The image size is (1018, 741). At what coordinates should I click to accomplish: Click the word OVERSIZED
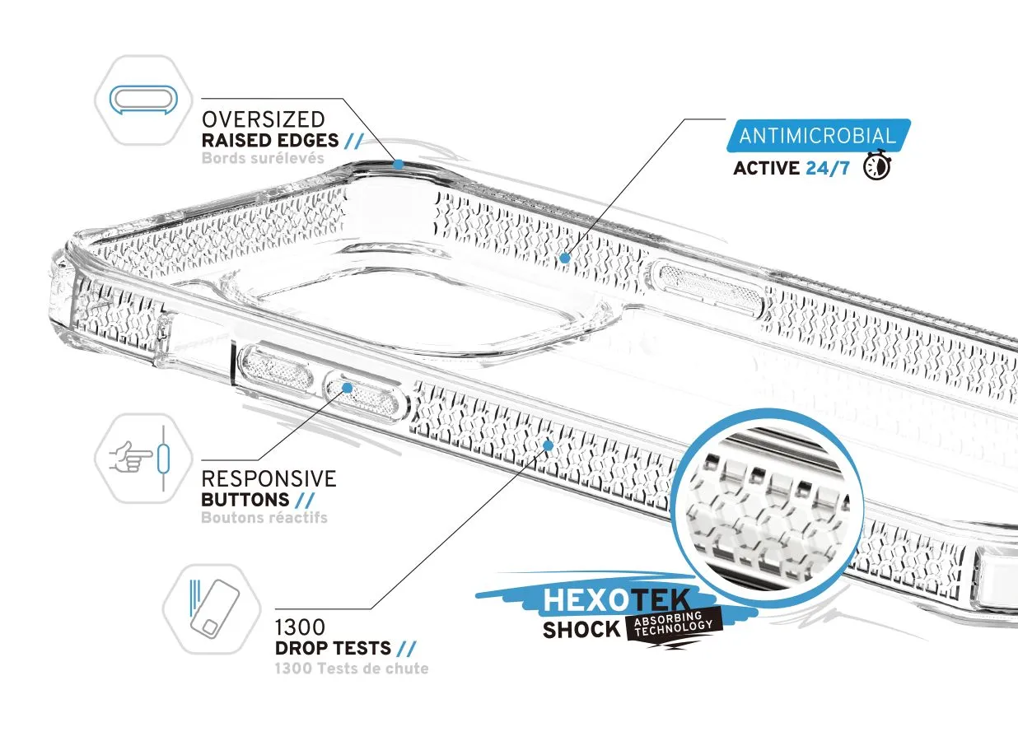(x=263, y=119)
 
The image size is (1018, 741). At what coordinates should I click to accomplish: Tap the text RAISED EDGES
(x=270, y=141)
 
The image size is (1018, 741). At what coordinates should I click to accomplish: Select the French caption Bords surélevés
(x=263, y=158)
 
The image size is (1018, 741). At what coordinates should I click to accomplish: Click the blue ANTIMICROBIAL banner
(x=818, y=135)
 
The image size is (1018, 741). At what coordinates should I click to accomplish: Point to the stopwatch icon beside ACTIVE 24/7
(x=877, y=165)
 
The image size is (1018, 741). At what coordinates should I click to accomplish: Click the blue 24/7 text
(x=828, y=168)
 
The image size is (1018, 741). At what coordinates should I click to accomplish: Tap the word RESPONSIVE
(x=269, y=479)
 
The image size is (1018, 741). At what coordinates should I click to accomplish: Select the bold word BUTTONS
(x=245, y=500)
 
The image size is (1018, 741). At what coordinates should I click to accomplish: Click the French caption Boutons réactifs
(x=264, y=518)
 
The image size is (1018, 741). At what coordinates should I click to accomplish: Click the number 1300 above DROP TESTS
(x=300, y=627)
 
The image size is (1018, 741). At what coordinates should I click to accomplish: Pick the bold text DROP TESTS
(x=333, y=648)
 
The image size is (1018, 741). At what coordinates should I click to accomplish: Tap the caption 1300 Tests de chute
(x=352, y=669)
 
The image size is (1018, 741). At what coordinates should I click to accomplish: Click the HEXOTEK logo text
(x=617, y=600)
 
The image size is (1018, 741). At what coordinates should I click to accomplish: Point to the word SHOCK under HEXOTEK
(x=581, y=630)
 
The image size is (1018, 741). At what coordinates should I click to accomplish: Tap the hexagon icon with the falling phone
(x=212, y=609)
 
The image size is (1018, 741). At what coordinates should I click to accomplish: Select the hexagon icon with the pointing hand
(x=143, y=458)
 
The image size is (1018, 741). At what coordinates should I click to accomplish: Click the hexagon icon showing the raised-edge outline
(x=143, y=100)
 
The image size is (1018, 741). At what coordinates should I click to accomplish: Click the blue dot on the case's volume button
(x=348, y=388)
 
